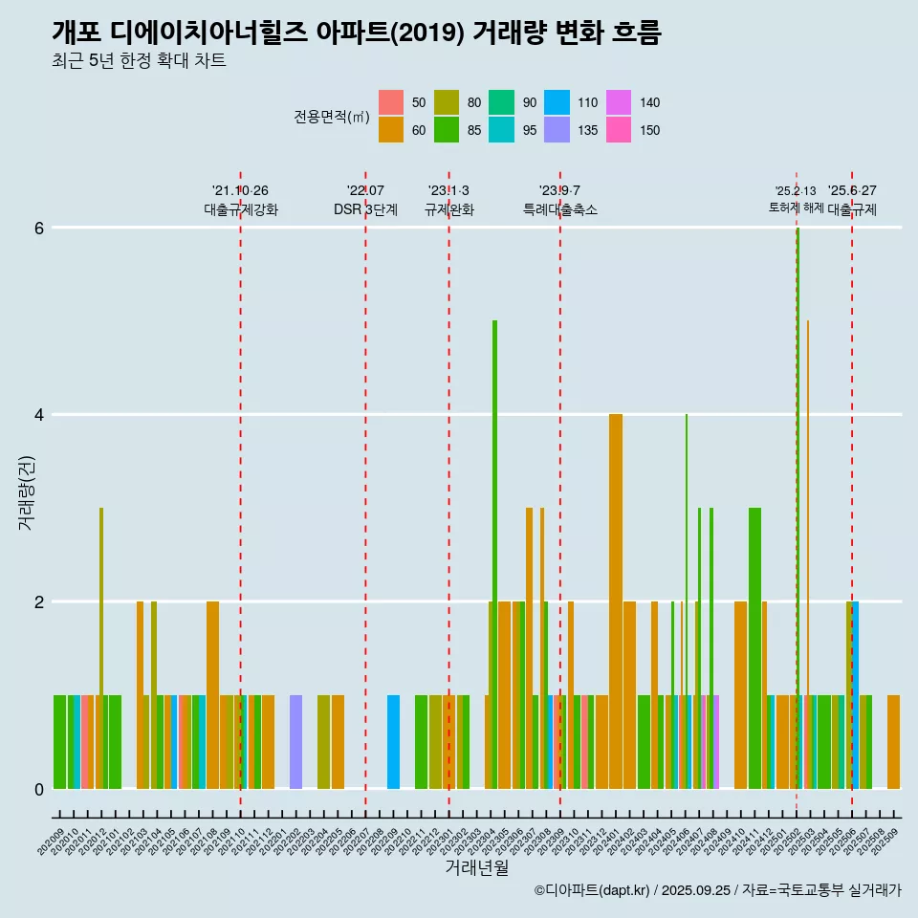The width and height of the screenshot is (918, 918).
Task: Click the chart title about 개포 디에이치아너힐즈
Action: click(356, 33)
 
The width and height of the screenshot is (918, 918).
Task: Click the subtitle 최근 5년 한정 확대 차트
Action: click(139, 61)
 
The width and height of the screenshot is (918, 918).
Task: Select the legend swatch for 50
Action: click(391, 102)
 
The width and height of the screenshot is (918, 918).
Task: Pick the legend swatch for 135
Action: click(557, 130)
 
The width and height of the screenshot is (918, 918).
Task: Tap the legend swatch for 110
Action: click(557, 102)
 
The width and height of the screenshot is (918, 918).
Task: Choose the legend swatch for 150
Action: click(619, 130)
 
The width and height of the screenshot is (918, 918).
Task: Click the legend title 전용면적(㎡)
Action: click(332, 117)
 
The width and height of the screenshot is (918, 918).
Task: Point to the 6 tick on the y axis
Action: click(39, 229)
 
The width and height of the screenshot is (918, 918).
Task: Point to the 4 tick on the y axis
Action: click(39, 415)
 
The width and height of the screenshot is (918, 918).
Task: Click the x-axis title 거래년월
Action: click(476, 867)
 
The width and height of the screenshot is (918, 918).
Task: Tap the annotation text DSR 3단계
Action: click(365, 209)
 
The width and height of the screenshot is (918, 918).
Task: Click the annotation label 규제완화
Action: click(448, 209)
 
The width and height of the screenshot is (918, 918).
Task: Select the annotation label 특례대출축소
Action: click(559, 209)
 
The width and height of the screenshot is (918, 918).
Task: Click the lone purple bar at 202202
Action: click(295, 742)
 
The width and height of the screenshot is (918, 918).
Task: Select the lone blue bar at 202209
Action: click(393, 742)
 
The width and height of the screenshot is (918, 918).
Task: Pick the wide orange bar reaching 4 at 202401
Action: click(616, 602)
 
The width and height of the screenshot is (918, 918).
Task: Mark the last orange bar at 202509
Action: click(893, 742)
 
